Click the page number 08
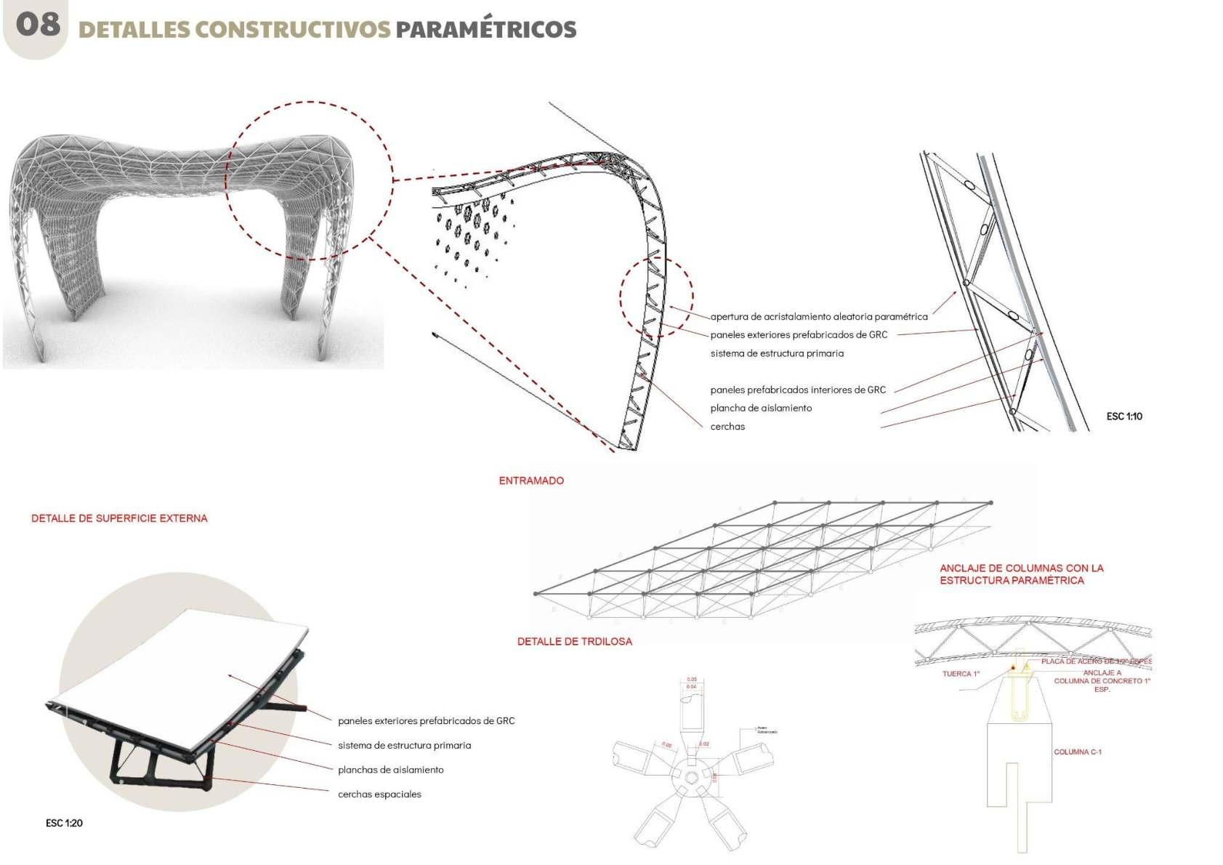(x=38, y=24)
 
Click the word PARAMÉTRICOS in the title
(x=485, y=30)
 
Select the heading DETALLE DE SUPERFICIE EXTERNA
(x=119, y=518)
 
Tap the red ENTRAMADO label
(x=531, y=480)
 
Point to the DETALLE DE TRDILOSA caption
(x=574, y=641)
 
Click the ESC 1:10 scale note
(x=1124, y=417)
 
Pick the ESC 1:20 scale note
(x=64, y=823)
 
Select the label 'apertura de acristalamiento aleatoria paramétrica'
(x=819, y=317)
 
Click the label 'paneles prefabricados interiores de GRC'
(x=798, y=390)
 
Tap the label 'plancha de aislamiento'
(x=761, y=408)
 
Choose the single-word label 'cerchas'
(x=727, y=427)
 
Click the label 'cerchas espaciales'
(x=379, y=794)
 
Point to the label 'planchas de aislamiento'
(x=390, y=770)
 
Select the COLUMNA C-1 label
(x=1078, y=752)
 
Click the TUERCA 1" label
(x=961, y=674)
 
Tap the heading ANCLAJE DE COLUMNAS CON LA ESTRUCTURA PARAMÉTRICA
(x=1021, y=574)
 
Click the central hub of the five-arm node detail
(x=691, y=778)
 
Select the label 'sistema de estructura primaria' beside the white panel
(x=404, y=745)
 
